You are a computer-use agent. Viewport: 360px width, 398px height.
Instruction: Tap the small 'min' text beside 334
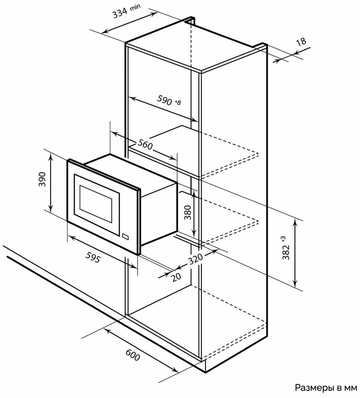pyautogui.click(x=135, y=7)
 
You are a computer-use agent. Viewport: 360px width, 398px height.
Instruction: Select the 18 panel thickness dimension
pyautogui.click(x=302, y=41)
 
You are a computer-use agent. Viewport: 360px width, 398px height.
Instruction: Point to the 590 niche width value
pyautogui.click(x=164, y=99)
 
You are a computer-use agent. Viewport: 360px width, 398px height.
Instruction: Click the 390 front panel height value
pyautogui.click(x=42, y=179)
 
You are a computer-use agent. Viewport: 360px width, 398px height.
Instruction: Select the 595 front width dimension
pyautogui.click(x=93, y=257)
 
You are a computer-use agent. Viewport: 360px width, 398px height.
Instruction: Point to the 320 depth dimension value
pyautogui.click(x=195, y=259)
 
